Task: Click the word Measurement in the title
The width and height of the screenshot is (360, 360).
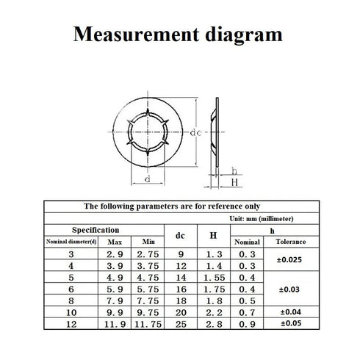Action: pyautogui.click(x=136, y=35)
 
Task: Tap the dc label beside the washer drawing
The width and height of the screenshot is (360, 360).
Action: pyautogui.click(x=196, y=132)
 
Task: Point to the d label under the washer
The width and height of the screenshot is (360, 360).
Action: pyautogui.click(x=148, y=179)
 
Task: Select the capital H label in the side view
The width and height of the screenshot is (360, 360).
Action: pyautogui.click(x=234, y=182)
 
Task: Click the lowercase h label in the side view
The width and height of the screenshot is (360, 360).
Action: pyautogui.click(x=234, y=171)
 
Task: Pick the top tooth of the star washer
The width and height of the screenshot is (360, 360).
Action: pyautogui.click(x=148, y=112)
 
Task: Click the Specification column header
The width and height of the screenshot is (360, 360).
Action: pyautogui.click(x=96, y=230)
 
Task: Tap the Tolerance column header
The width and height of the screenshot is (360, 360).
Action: pyautogui.click(x=291, y=242)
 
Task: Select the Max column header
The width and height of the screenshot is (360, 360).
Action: pyautogui.click(x=115, y=242)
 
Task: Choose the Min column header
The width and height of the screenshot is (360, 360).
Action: pyautogui.click(x=148, y=242)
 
